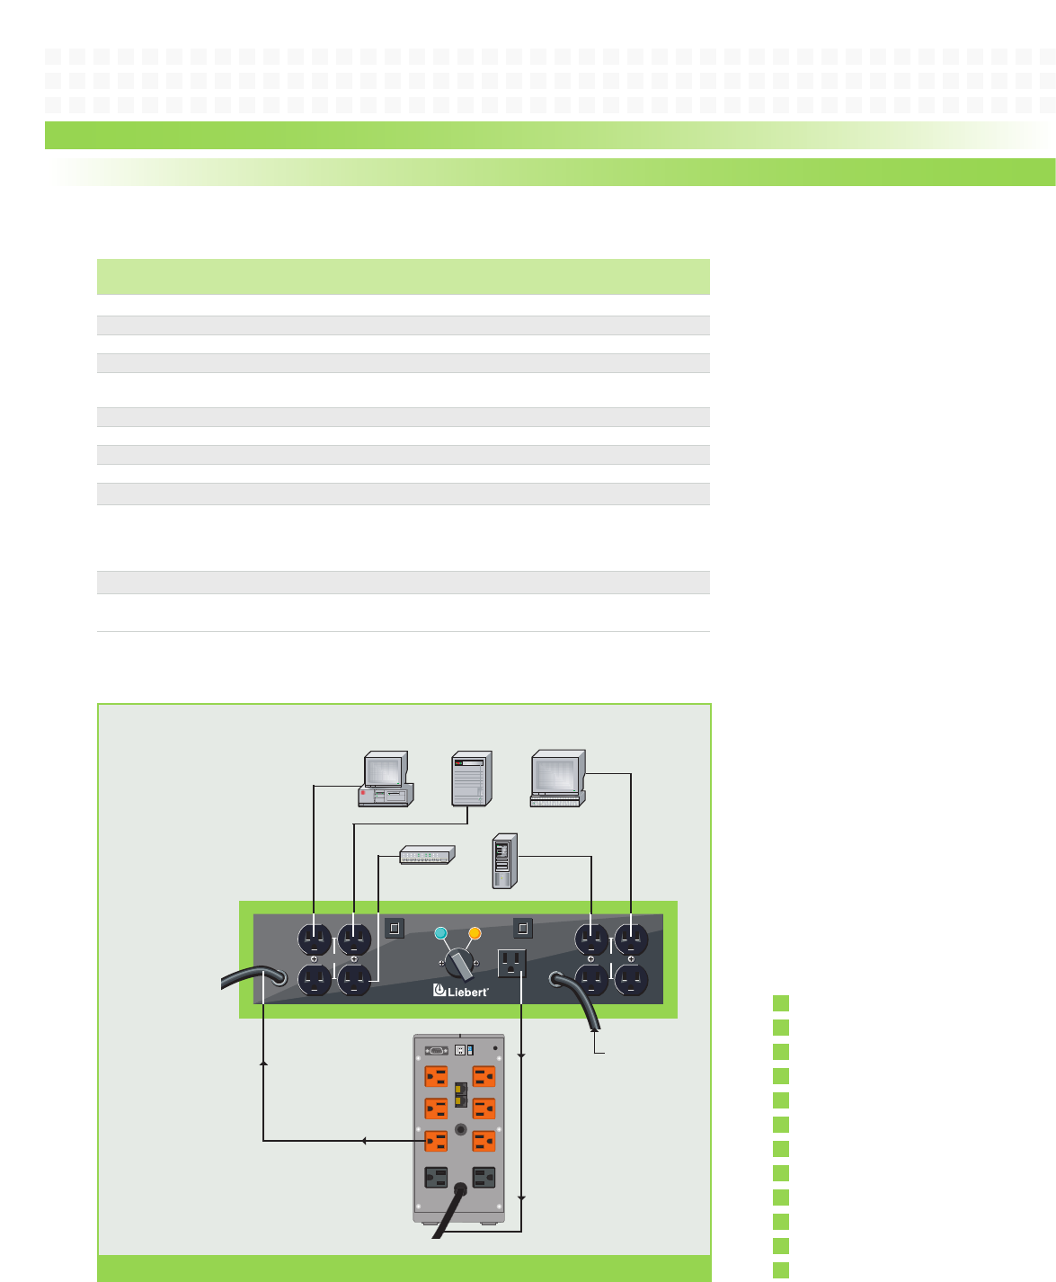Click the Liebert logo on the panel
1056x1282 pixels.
460,991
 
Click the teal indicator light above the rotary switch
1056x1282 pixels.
440,932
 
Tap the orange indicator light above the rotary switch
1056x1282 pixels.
475,932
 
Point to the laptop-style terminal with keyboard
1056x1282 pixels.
557,779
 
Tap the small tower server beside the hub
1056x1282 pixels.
506,862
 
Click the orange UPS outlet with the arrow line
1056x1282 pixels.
436,1141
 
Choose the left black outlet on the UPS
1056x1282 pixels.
436,1178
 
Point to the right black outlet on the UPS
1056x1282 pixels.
484,1178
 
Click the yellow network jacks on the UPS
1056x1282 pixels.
460,1094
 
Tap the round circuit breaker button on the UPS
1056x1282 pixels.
460,1127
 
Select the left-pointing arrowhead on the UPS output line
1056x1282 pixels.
362,1141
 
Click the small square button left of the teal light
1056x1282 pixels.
395,928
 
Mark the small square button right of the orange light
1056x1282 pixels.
522,928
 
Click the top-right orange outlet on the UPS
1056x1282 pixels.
484,1076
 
